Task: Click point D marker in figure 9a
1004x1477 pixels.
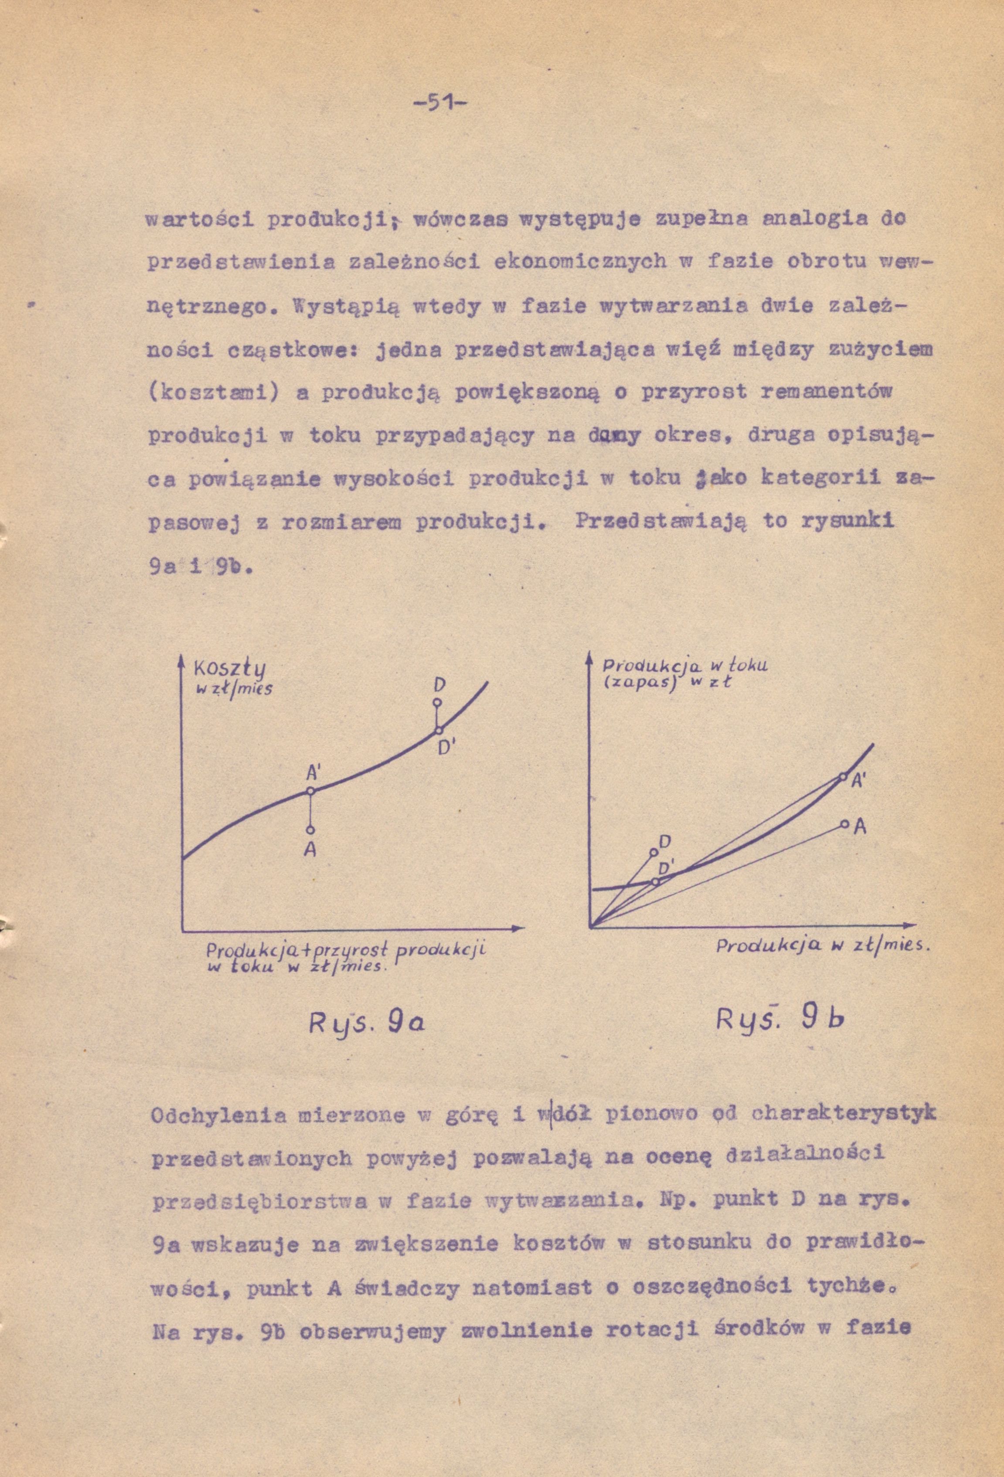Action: [437, 702]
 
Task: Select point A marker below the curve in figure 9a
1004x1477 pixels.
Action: [310, 830]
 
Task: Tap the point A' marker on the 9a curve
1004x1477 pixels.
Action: [310, 791]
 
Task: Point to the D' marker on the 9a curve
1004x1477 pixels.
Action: [438, 730]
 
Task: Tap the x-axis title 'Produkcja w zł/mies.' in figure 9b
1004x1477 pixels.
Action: [823, 946]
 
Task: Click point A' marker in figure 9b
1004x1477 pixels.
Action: [843, 776]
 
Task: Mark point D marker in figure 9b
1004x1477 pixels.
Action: [653, 852]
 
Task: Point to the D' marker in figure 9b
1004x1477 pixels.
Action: [656, 882]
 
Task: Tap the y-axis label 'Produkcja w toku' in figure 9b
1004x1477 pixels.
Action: [685, 665]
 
